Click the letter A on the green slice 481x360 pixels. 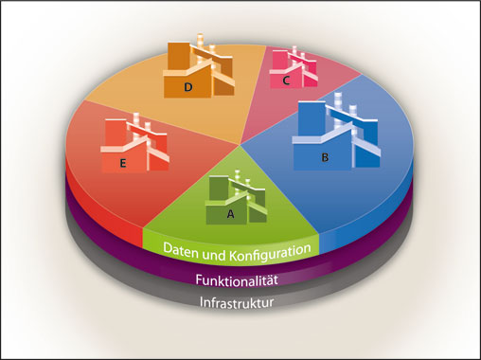pos(229,214)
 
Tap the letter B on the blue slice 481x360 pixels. pos(325,158)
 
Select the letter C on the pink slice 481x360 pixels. pos(285,81)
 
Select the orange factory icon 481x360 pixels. pos(201,68)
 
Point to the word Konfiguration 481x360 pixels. pos(270,250)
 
